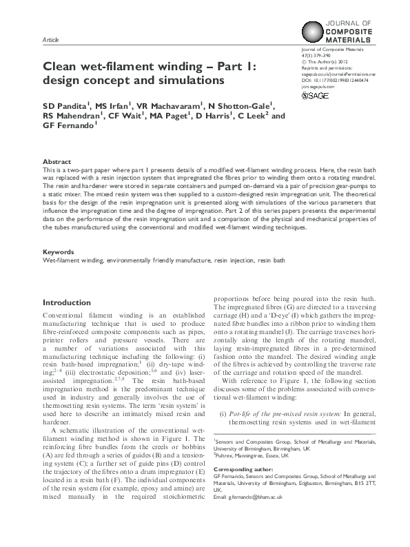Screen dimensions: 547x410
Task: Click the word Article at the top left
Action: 50,41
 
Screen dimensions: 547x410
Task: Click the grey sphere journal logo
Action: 314,32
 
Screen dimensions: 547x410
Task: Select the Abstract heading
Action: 56,160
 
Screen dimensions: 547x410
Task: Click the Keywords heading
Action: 58,252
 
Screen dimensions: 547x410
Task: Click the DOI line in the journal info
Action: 336,80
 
